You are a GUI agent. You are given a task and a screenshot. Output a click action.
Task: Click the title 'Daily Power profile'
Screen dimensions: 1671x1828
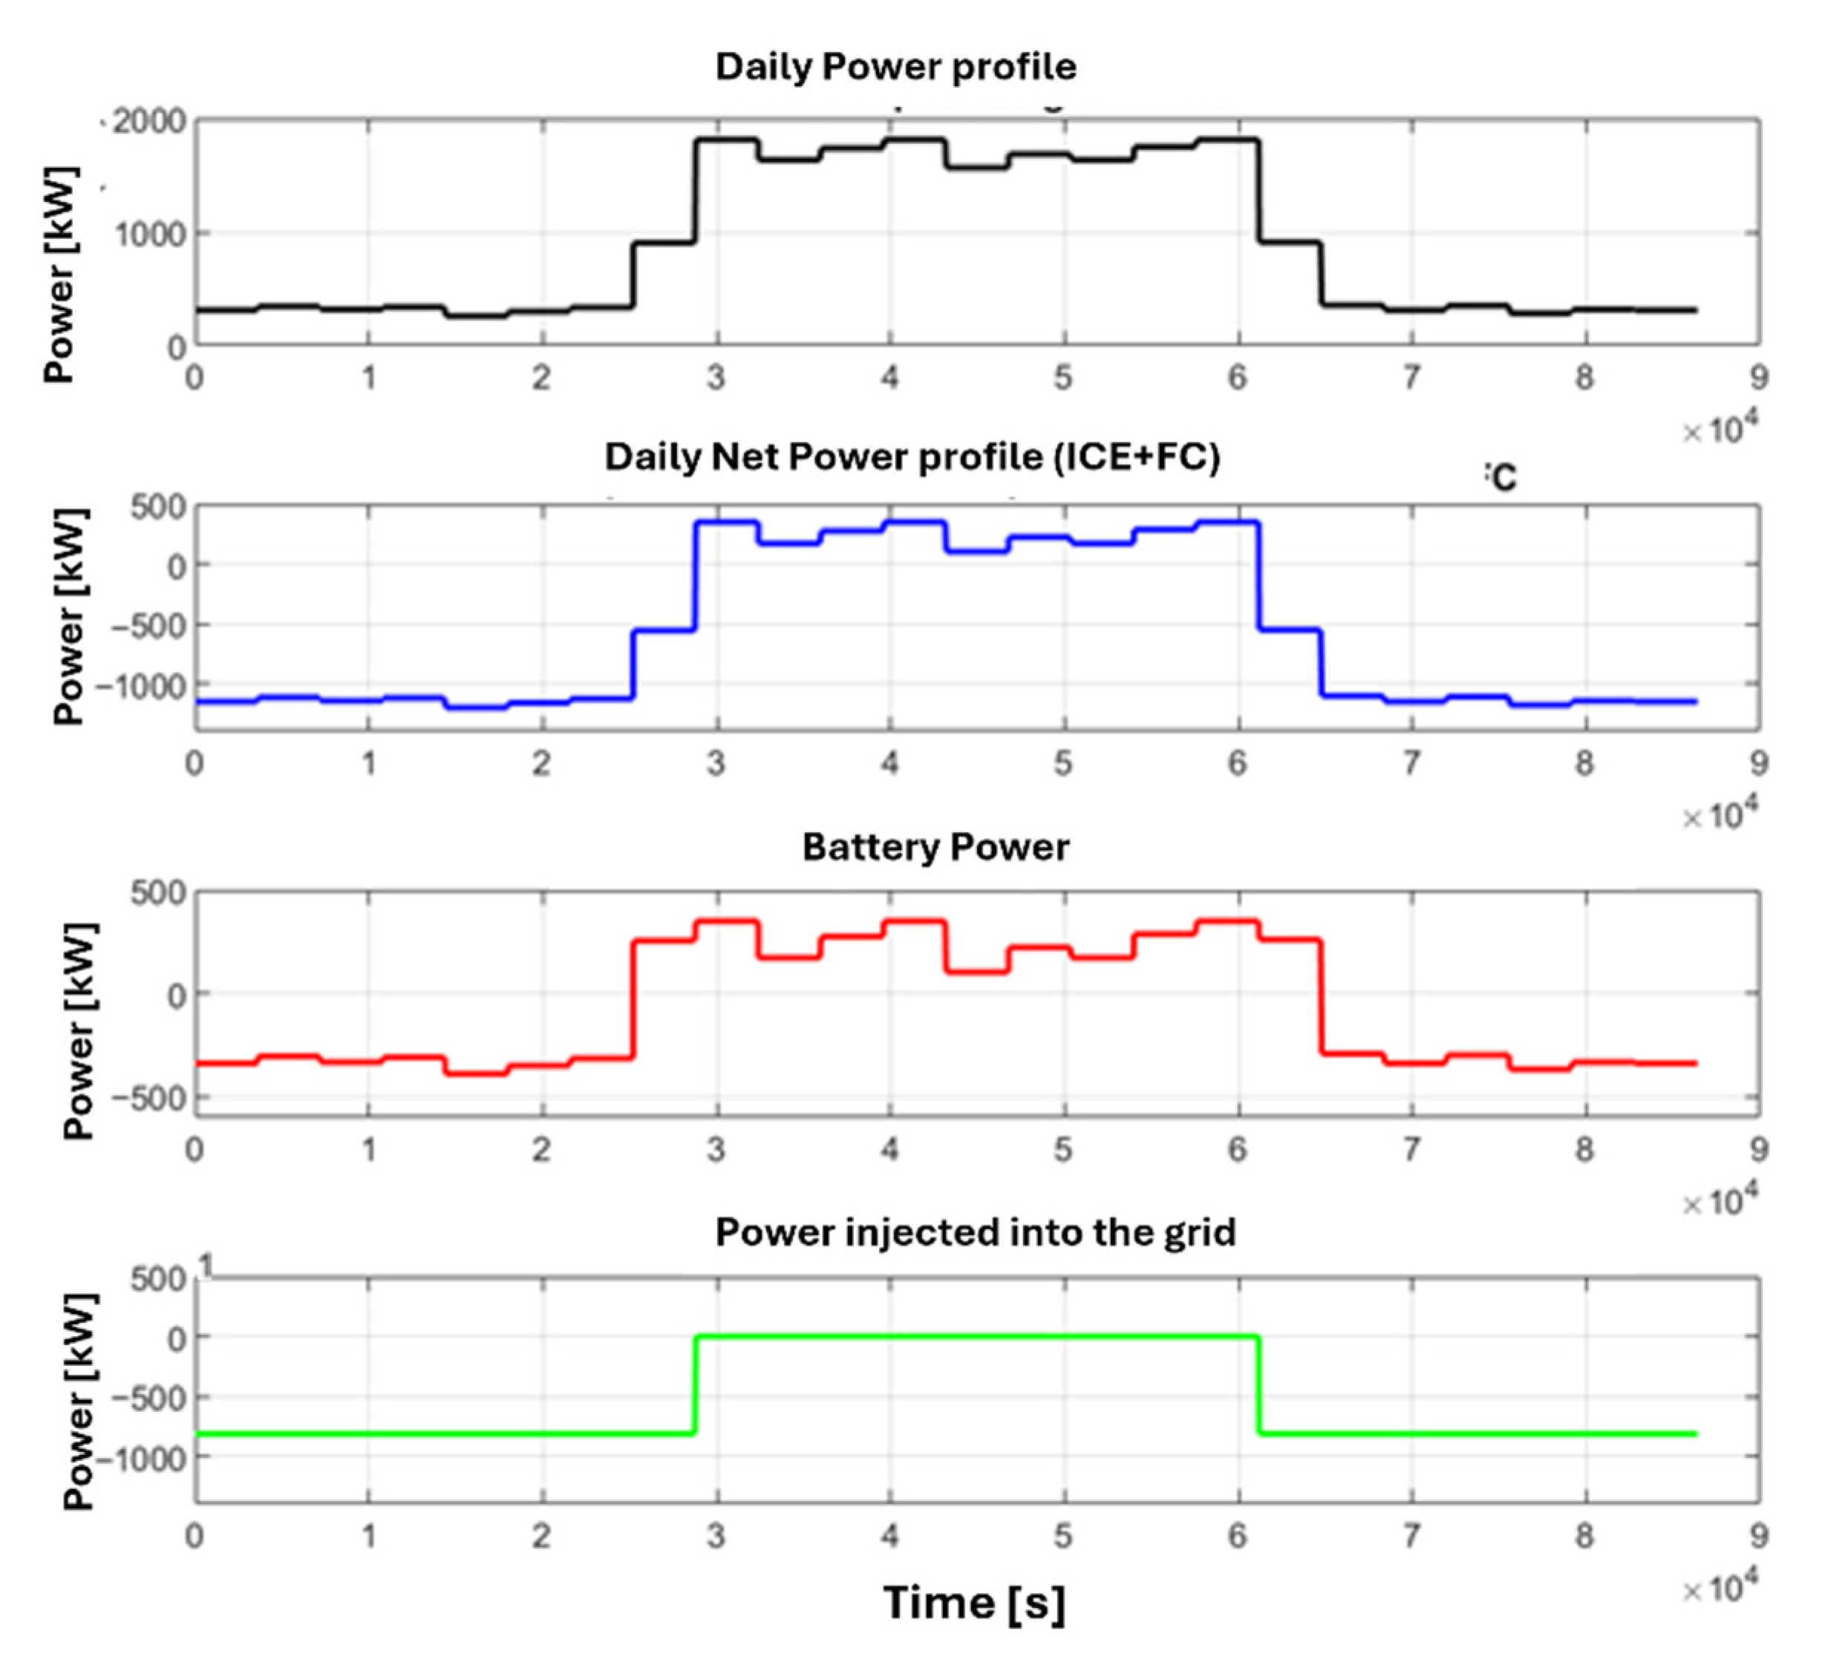tap(896, 67)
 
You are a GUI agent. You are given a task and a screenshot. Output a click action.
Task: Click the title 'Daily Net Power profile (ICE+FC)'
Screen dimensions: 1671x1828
tap(913, 456)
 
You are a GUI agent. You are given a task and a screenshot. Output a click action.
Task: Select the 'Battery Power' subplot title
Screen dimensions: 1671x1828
tap(936, 847)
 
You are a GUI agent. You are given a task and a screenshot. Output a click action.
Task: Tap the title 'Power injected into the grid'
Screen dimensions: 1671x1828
tap(975, 1232)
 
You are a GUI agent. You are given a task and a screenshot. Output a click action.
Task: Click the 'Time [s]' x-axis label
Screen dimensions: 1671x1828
tap(974, 1601)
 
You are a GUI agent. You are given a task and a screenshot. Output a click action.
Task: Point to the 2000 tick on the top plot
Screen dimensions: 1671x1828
tap(148, 122)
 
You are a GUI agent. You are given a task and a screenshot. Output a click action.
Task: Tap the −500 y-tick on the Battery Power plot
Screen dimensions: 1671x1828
tap(147, 1098)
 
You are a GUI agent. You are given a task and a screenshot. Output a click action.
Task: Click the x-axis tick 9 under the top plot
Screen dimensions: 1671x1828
tap(1758, 377)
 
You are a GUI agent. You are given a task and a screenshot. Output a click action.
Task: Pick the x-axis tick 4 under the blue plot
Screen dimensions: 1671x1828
tap(889, 763)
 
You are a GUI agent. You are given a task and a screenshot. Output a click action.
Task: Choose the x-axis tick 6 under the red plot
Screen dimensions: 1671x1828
tap(1237, 1150)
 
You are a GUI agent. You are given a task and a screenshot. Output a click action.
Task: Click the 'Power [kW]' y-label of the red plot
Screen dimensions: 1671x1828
tap(79, 1031)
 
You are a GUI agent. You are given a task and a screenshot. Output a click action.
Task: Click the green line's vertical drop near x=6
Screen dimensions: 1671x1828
tap(1259, 1384)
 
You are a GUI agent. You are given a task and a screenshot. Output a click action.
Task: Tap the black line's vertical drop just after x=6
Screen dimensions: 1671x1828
tap(1259, 190)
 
